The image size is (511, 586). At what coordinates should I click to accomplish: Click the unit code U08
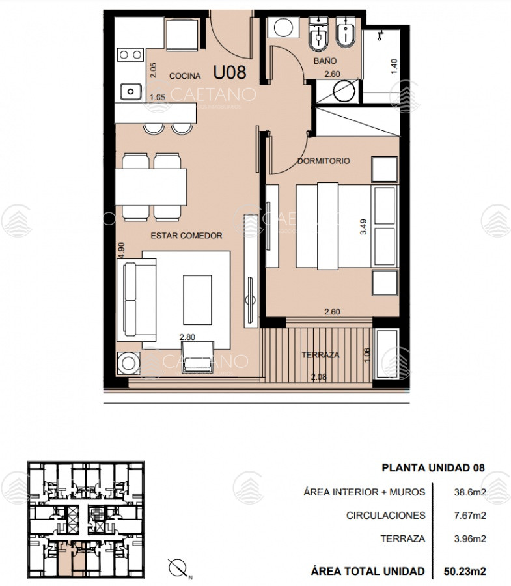(x=230, y=72)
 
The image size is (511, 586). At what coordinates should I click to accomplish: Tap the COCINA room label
(x=185, y=76)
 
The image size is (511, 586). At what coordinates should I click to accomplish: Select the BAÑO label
(x=325, y=61)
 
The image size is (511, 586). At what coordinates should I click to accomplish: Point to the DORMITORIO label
(x=324, y=161)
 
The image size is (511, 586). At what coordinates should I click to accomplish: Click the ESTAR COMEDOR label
(x=186, y=236)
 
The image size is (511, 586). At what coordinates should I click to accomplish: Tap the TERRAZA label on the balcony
(x=320, y=355)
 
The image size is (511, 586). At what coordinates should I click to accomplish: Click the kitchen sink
(x=131, y=92)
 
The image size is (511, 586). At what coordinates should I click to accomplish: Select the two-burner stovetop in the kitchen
(x=130, y=55)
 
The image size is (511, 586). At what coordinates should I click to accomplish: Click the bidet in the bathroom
(x=346, y=33)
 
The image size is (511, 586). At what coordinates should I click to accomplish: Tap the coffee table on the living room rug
(x=197, y=300)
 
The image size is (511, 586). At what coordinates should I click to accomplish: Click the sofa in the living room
(x=136, y=300)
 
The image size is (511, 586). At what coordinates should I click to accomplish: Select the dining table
(x=151, y=187)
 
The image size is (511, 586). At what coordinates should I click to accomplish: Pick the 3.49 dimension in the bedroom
(x=363, y=227)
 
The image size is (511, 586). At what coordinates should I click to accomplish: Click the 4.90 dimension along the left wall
(x=121, y=251)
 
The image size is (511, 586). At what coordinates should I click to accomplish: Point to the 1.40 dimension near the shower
(x=394, y=66)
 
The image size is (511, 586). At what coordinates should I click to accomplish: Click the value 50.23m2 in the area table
(x=465, y=571)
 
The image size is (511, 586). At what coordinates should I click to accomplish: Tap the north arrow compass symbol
(x=178, y=568)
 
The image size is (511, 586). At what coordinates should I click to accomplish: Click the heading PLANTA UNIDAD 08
(x=434, y=468)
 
